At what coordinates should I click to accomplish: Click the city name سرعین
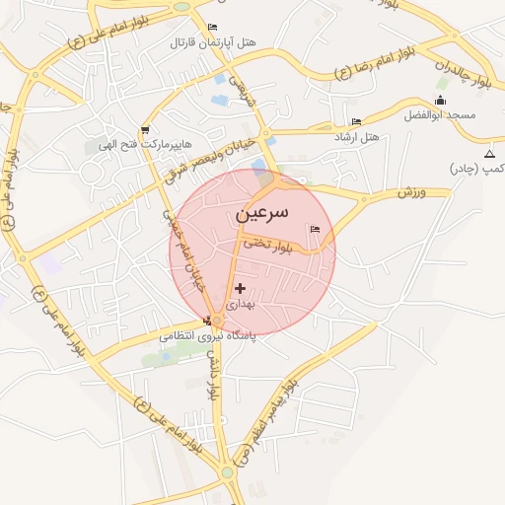[263, 213]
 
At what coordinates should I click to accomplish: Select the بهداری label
[242, 304]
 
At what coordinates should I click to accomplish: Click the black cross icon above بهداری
[241, 288]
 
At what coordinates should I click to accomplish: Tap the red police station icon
[207, 320]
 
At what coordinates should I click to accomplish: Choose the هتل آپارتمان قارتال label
[213, 43]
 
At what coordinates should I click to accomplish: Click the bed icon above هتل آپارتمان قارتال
[213, 28]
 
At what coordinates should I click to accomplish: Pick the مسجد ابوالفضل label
[440, 115]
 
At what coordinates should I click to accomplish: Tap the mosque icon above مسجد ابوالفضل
[440, 101]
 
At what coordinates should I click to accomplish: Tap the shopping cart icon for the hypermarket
[146, 129]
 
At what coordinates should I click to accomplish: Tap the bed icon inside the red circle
[315, 230]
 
